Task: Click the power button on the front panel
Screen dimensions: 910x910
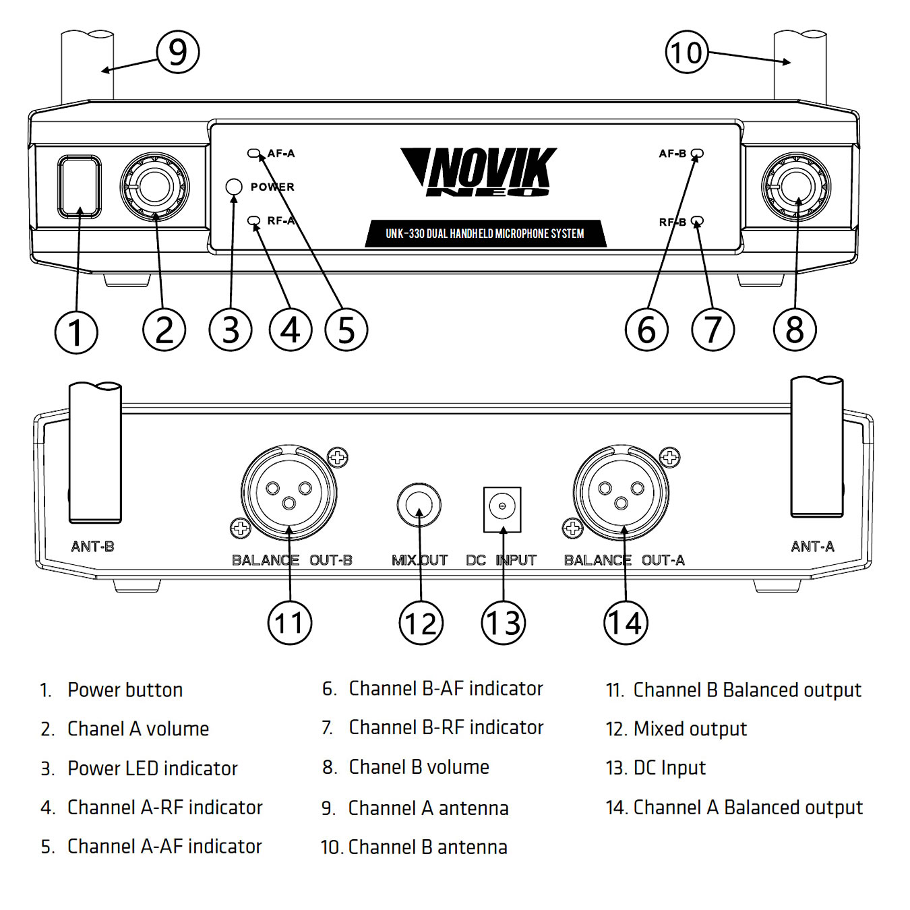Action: click(x=80, y=187)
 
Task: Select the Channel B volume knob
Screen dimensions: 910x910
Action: click(x=795, y=187)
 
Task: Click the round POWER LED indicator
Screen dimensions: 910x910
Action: click(x=233, y=187)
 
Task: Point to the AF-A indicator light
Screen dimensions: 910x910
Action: click(x=253, y=154)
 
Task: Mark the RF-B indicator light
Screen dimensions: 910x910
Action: click(x=698, y=221)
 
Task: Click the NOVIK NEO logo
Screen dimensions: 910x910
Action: click(x=480, y=172)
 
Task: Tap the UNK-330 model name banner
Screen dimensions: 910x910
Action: click(x=485, y=234)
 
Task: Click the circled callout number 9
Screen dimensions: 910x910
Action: click(x=178, y=52)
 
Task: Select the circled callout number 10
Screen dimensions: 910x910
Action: click(x=687, y=52)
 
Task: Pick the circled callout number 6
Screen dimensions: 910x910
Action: click(x=646, y=330)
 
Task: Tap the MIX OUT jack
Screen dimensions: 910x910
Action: click(x=419, y=504)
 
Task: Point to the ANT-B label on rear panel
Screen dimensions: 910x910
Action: click(x=93, y=546)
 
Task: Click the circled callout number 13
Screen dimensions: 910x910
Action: click(x=503, y=623)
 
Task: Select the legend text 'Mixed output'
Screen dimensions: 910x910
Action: click(x=690, y=729)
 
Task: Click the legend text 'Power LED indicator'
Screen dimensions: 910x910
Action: click(x=152, y=768)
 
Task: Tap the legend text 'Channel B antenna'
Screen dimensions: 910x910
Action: click(x=427, y=847)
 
